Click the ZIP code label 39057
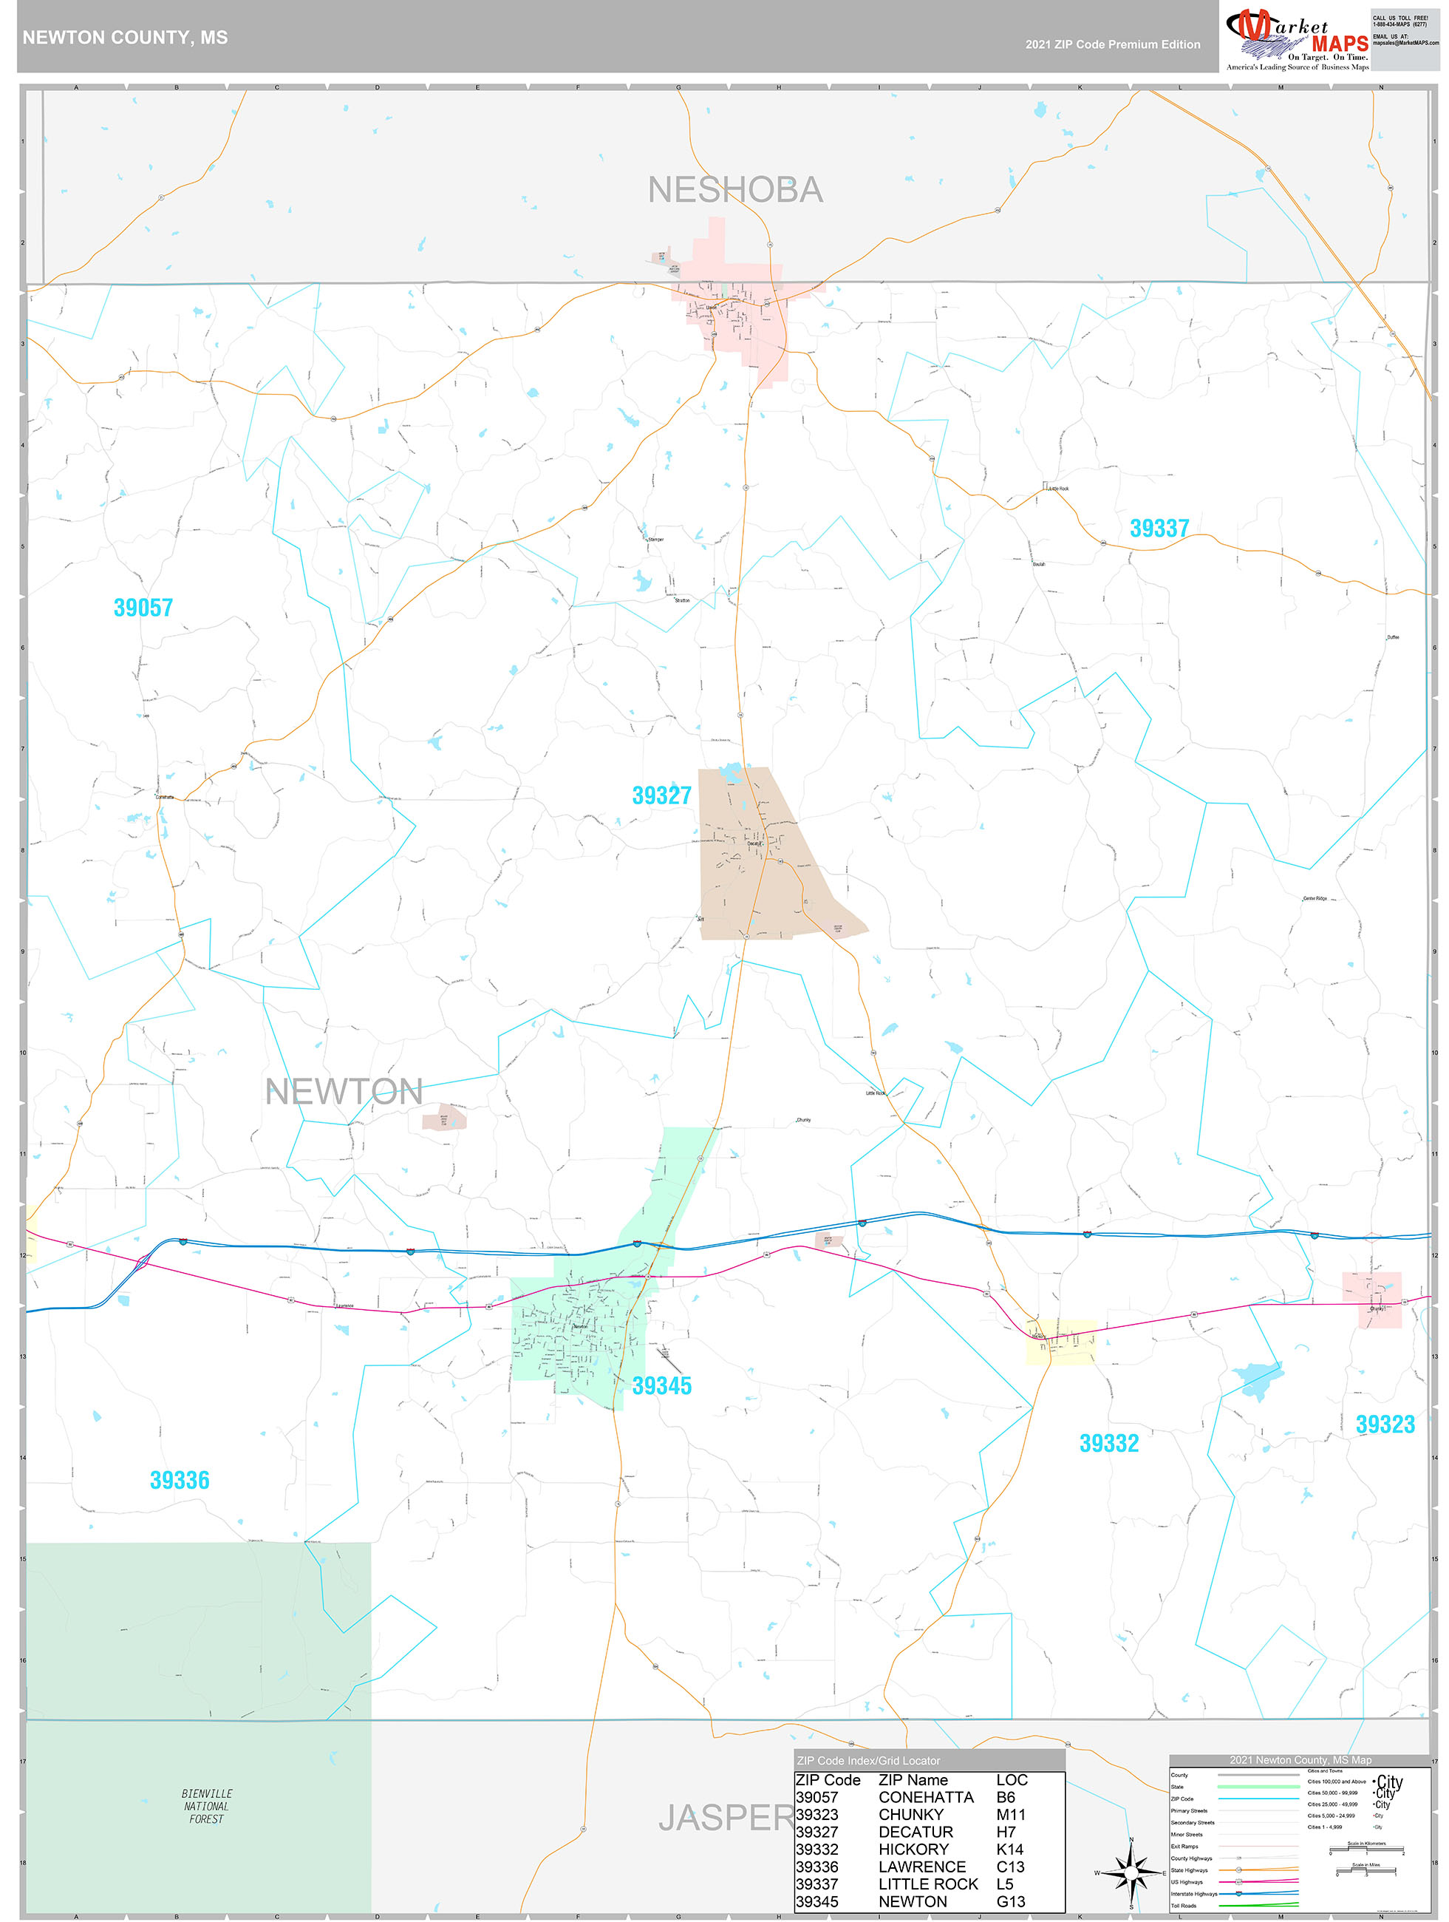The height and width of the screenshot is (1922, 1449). pos(143,608)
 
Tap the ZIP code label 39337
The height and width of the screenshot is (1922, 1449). pos(1159,529)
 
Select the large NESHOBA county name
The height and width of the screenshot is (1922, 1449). pos(735,190)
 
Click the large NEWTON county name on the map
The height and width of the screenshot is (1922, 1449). pos(344,1092)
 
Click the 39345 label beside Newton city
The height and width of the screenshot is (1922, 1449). pos(662,1386)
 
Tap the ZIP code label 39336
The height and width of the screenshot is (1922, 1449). pos(180,1480)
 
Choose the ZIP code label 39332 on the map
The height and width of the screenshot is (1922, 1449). pos(1108,1443)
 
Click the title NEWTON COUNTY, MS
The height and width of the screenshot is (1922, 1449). pos(125,38)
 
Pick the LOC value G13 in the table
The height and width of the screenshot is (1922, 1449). pos(1010,1901)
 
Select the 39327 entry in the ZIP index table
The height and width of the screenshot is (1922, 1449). pos(817,1832)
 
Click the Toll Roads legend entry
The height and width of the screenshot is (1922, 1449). pos(1183,1906)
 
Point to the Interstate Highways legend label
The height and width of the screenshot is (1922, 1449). pos(1193,1893)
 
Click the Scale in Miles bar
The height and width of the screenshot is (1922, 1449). pos(1367,1872)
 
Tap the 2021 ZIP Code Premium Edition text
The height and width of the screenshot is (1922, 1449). pos(1113,44)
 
